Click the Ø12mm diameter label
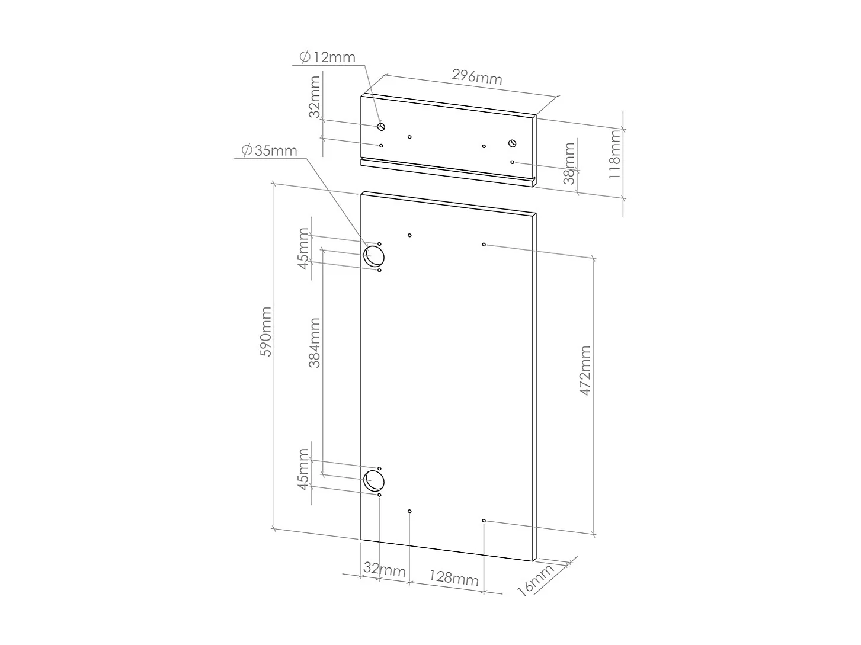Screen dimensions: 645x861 (327, 57)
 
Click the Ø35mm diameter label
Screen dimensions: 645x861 (269, 150)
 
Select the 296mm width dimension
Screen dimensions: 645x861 (477, 77)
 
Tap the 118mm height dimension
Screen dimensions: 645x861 (615, 155)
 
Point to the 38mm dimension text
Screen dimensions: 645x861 (569, 163)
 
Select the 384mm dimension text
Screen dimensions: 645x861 (314, 343)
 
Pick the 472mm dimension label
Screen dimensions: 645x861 (585, 371)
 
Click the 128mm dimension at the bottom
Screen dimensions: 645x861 (453, 577)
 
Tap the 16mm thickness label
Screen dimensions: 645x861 (535, 580)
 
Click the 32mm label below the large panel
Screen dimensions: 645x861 (384, 570)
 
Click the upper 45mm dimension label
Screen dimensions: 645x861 (303, 249)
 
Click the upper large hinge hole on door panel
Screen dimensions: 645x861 (374, 256)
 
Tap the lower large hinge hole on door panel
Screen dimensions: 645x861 (374, 480)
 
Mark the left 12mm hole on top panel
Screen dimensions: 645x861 (382, 126)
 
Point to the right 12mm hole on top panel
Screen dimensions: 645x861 (513, 143)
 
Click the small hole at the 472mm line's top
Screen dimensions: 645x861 (484, 244)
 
